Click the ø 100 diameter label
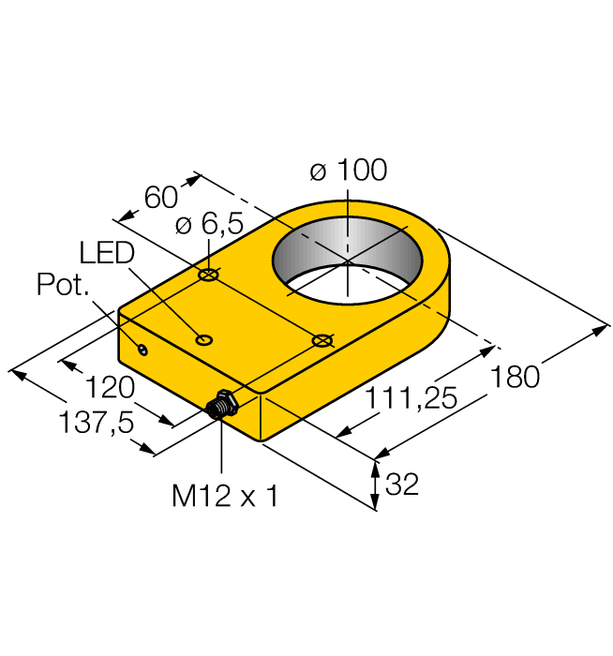point(347,171)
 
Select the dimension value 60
point(160,197)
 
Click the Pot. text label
point(63,285)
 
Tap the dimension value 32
point(402,485)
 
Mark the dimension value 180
point(516,377)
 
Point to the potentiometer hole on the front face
point(142,350)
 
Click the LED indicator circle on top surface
point(202,338)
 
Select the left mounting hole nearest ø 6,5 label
point(208,276)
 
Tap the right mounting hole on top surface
point(322,339)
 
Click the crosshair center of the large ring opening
point(347,260)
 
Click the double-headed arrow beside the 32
point(375,485)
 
